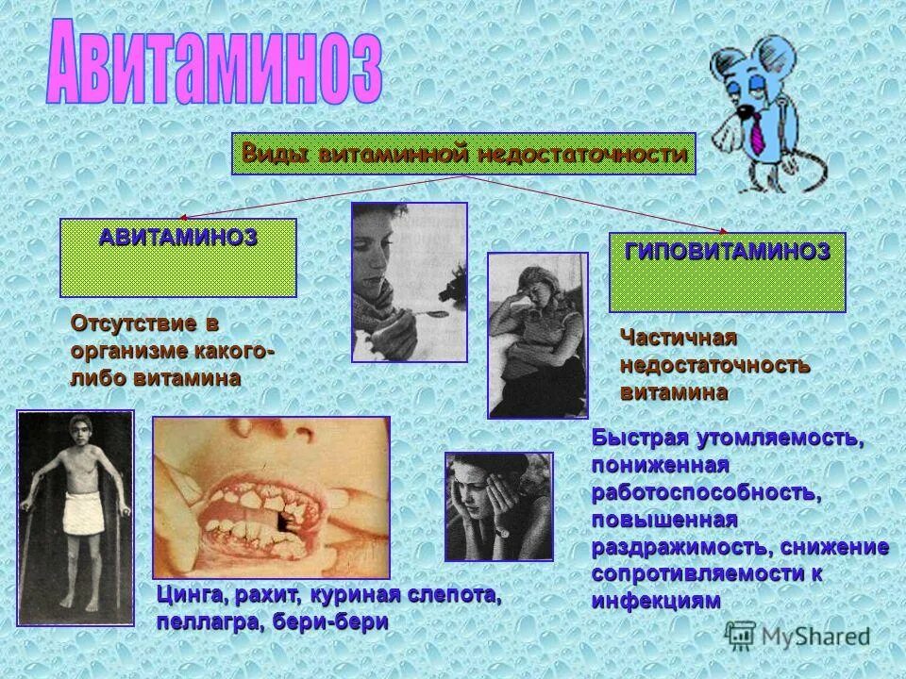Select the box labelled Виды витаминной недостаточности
coord(463,154)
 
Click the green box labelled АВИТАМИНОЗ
coord(178,257)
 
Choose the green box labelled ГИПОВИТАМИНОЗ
coord(727,272)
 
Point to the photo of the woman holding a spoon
coord(409,282)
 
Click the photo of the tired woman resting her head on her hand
coord(537,335)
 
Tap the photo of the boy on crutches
coord(75,518)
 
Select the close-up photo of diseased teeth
coord(271,498)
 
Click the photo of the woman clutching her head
coord(498,506)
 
